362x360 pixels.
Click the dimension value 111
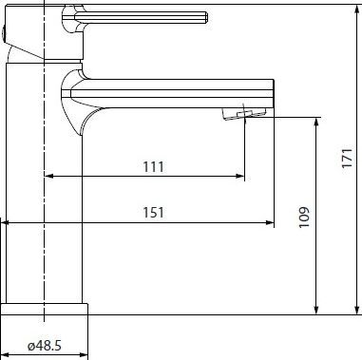coord(154,167)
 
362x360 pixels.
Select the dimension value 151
coord(154,213)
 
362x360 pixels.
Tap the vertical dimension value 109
coord(304,218)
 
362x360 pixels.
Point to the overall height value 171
coord(348,158)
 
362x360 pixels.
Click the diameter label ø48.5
coord(45,346)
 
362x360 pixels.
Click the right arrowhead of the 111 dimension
coord(240,176)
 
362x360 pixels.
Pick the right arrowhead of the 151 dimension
coord(270,223)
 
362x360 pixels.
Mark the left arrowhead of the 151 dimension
coord(6,223)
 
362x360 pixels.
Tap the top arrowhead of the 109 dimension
coord(315,122)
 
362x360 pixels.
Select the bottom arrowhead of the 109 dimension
coord(315,311)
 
